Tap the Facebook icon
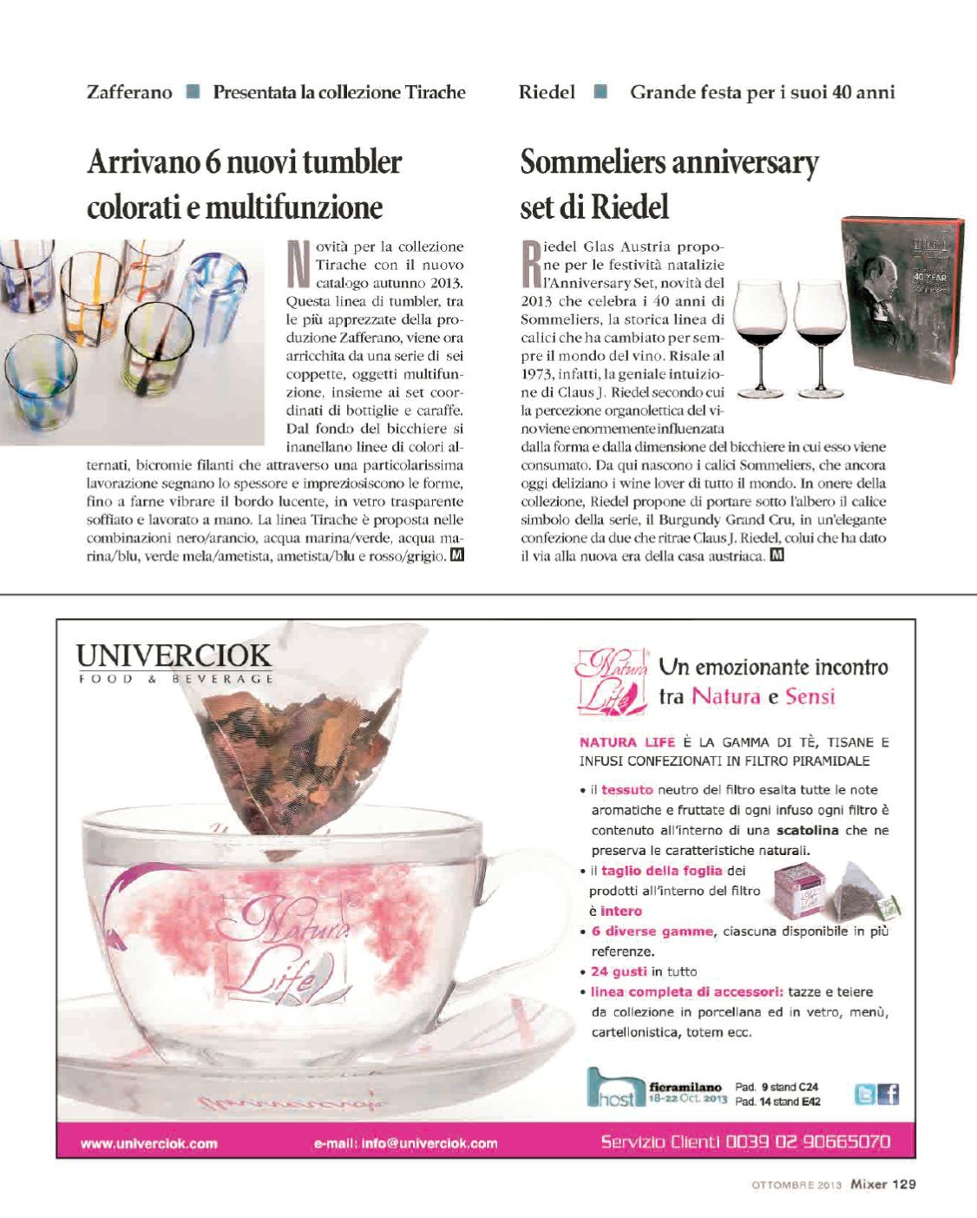[888, 1095]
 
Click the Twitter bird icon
[866, 1095]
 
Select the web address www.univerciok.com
[149, 1143]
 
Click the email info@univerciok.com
[405, 1143]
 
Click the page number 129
[904, 1183]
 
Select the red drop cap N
[298, 265]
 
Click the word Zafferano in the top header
[129, 92]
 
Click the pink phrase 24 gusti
[619, 971]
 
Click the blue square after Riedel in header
[600, 92]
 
